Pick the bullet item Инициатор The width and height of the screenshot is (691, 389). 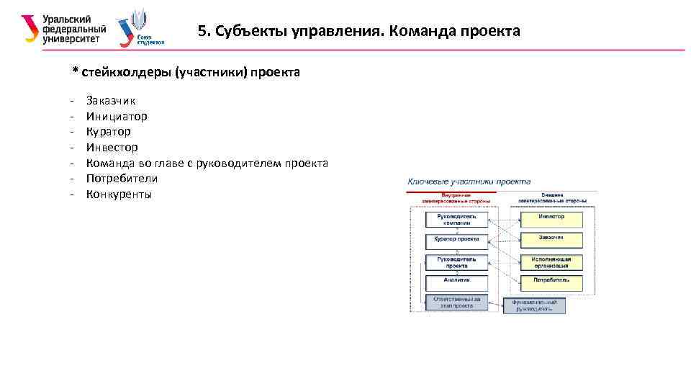117,116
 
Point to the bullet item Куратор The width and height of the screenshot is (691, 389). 108,132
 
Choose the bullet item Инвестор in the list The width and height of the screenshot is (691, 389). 112,147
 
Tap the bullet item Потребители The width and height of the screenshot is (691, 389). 122,178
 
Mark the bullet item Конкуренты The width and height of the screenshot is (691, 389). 119,194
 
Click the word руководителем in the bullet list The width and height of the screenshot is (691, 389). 235,163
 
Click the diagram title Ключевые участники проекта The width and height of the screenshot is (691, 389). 469,182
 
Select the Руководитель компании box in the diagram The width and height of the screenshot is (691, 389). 456,220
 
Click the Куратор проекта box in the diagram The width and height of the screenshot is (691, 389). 456,239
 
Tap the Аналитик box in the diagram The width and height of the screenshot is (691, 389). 456,280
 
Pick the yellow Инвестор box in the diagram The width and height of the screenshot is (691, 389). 551,217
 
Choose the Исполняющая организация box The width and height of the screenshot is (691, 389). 551,261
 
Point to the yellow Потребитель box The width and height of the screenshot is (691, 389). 551,280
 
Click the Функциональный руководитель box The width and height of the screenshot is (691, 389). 534,305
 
